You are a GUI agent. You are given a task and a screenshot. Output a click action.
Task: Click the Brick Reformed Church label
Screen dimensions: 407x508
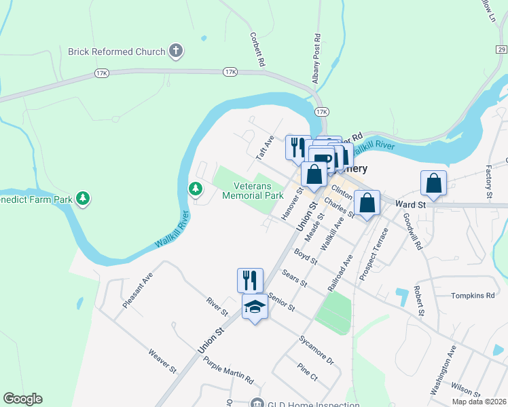pyautogui.click(x=116, y=52)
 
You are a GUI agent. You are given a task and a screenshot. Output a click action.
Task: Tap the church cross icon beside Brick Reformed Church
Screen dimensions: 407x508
pyautogui.click(x=175, y=51)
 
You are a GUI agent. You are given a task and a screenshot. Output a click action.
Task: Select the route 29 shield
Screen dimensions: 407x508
pyautogui.click(x=501, y=50)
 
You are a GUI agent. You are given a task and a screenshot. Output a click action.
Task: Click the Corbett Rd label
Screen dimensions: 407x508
pyautogui.click(x=257, y=50)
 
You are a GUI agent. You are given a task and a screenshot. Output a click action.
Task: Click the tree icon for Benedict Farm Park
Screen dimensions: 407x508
pyautogui.click(x=83, y=198)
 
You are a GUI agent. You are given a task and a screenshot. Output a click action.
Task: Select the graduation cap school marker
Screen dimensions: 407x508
pyautogui.click(x=255, y=307)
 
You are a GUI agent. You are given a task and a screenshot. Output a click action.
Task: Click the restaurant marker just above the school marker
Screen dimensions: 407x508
pyautogui.click(x=250, y=279)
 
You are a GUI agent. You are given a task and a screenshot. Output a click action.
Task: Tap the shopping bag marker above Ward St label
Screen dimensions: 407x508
pyautogui.click(x=434, y=182)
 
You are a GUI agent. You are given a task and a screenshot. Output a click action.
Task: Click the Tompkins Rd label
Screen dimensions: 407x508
pyautogui.click(x=473, y=296)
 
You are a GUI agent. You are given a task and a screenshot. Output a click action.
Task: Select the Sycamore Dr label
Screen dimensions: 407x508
pyautogui.click(x=316, y=349)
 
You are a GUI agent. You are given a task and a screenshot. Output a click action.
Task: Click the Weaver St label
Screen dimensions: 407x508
pyautogui.click(x=162, y=362)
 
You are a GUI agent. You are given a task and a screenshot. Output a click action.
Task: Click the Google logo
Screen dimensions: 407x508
pyautogui.click(x=22, y=399)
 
